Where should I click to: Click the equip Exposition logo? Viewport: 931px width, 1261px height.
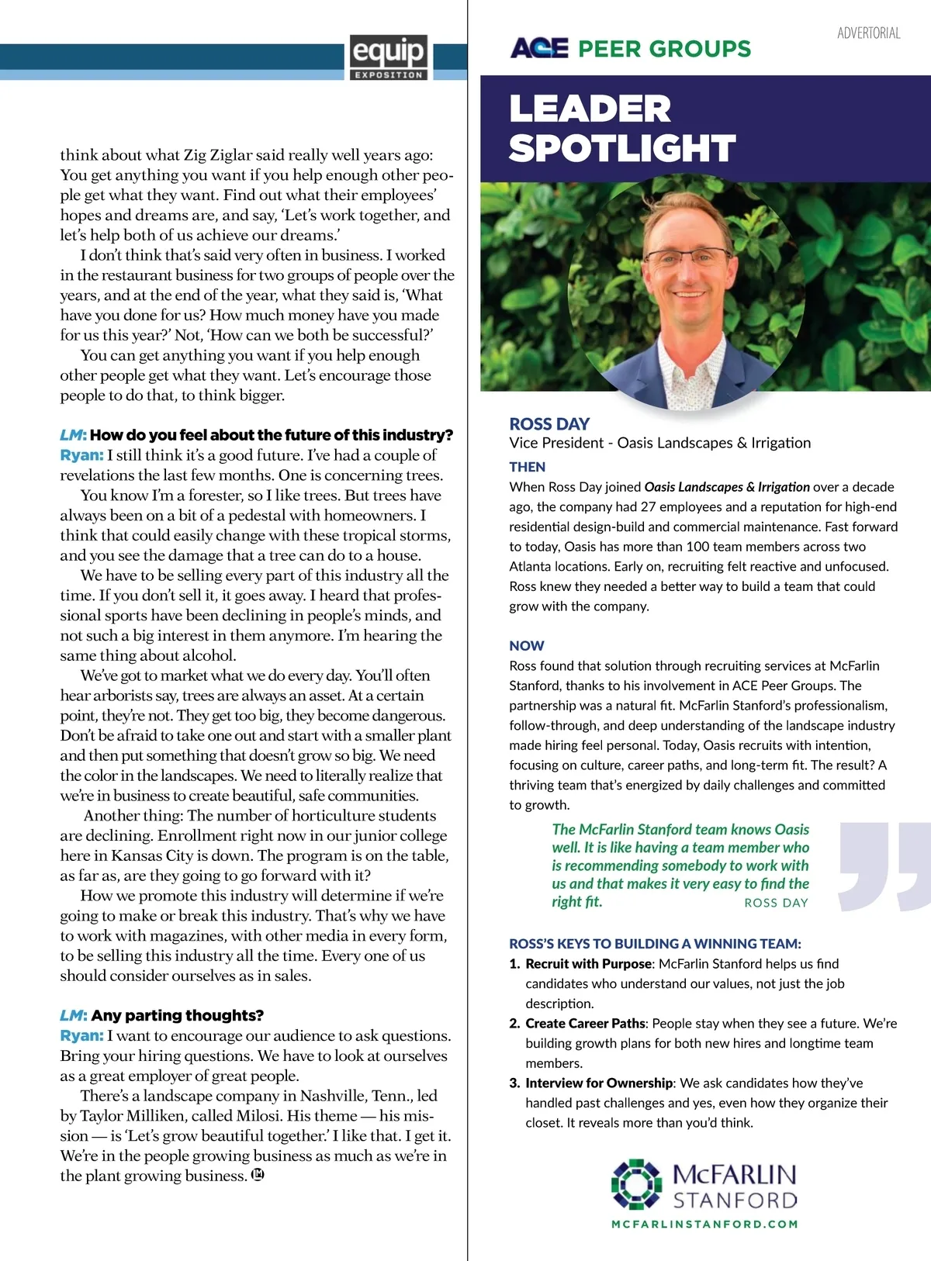[388, 57]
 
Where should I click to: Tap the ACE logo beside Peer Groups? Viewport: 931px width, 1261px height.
[539, 48]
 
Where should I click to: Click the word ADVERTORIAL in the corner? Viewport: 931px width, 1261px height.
[868, 33]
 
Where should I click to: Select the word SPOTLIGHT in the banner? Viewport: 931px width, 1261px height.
[622, 148]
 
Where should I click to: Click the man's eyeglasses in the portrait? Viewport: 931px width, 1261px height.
[686, 258]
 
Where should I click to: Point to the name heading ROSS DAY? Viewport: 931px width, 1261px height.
[549, 423]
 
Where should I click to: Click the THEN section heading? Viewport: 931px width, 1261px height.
[528, 467]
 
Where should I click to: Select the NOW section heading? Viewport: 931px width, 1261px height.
[527, 645]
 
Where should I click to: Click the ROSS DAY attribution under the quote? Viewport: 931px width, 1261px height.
[776, 903]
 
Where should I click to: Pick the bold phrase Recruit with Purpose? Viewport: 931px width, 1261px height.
[589, 963]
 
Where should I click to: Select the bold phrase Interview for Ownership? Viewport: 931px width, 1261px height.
[599, 1083]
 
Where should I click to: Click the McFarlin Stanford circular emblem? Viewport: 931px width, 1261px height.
[636, 1184]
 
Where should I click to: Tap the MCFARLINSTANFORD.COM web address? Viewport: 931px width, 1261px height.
[704, 1224]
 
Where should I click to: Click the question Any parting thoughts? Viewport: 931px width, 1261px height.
[177, 1015]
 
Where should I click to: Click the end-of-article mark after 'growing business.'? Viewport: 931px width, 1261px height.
[258, 1175]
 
